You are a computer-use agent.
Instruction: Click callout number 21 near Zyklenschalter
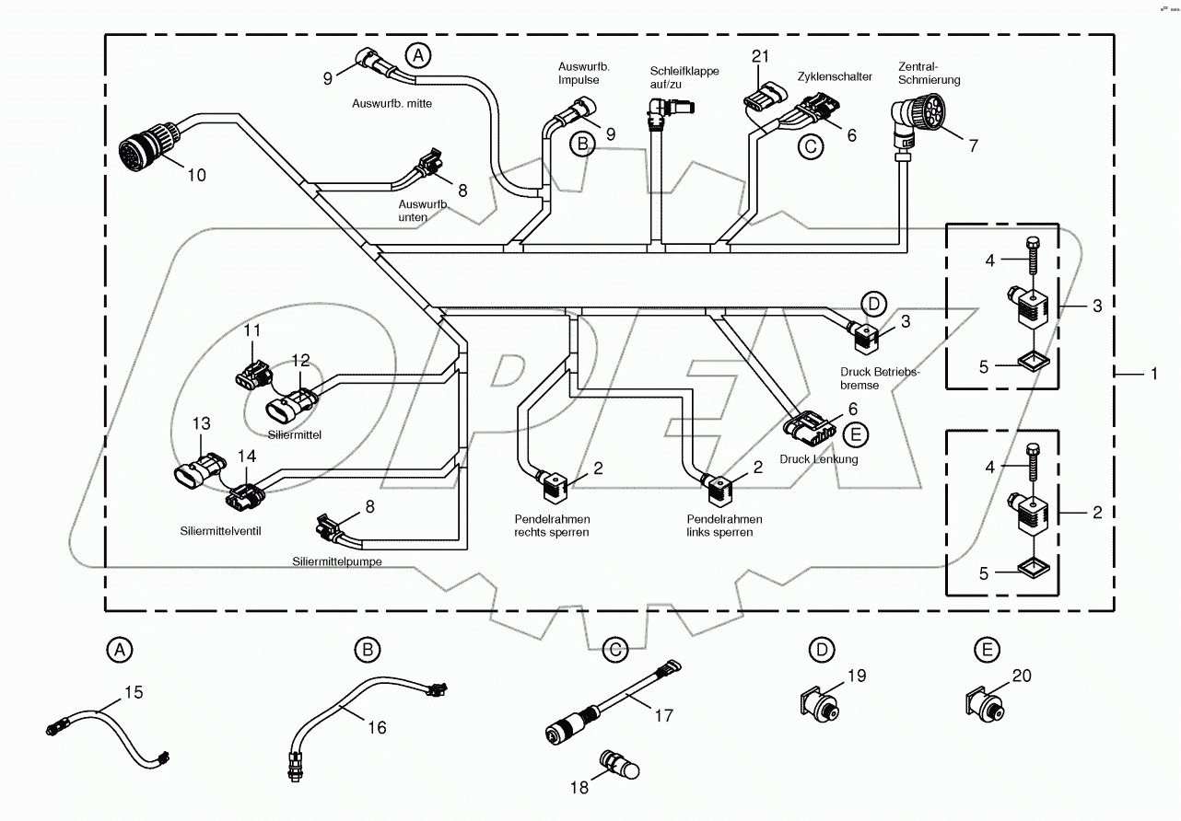click(x=760, y=56)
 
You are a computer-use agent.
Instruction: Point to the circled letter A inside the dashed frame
click(x=418, y=55)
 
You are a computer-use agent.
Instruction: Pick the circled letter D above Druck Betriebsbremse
click(x=872, y=304)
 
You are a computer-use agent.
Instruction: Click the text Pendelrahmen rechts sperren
click(x=553, y=526)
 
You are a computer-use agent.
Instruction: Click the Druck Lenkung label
click(x=818, y=458)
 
